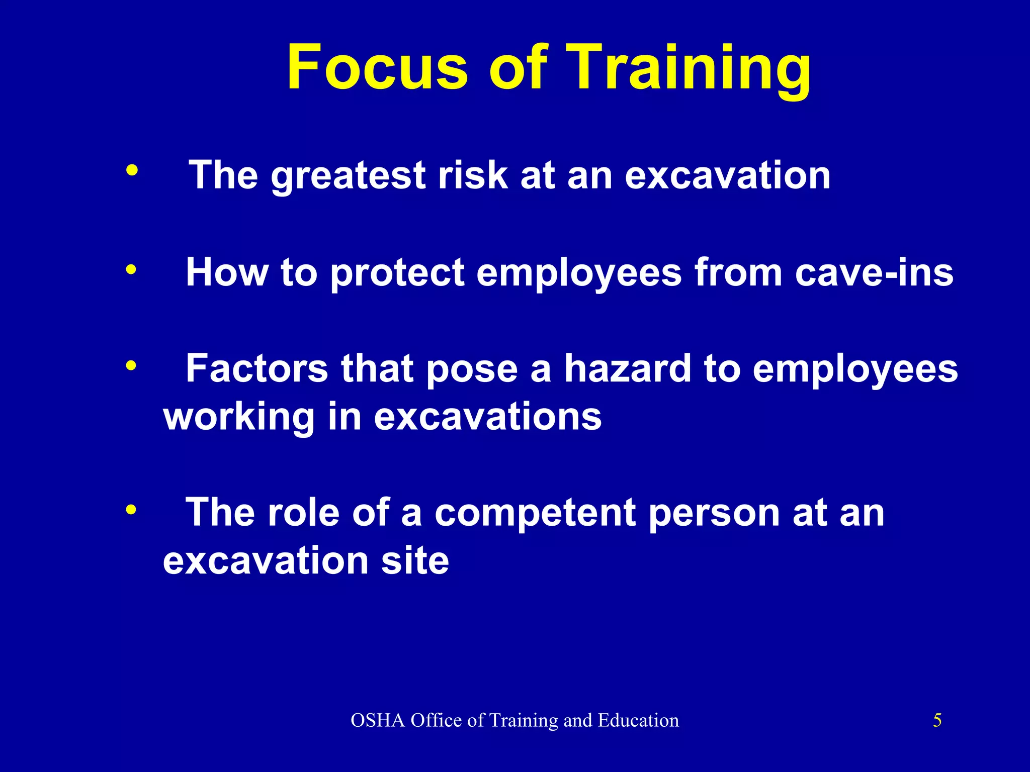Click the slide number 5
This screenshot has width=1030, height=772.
click(x=937, y=720)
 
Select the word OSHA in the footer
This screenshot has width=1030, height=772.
click(x=378, y=720)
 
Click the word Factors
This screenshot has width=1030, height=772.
click(x=257, y=368)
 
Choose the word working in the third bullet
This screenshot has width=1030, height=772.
click(x=239, y=417)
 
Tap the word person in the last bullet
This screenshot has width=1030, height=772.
click(x=714, y=514)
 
